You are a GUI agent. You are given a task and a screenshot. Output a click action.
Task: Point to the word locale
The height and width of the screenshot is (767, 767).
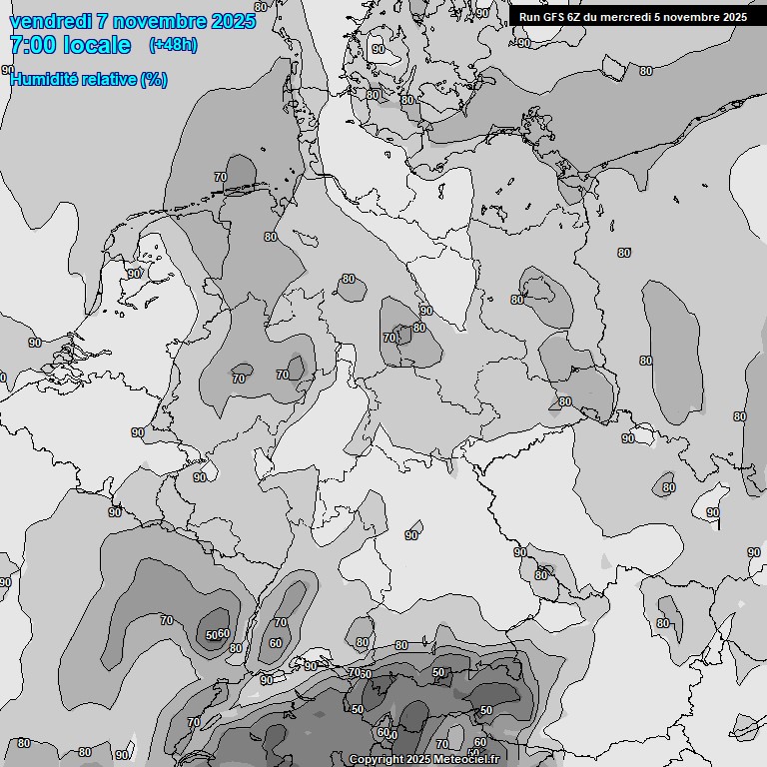tap(97, 45)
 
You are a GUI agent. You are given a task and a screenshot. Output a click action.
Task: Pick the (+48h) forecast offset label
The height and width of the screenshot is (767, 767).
tap(173, 45)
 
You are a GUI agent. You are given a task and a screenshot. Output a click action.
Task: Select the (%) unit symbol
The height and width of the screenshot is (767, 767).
tap(154, 80)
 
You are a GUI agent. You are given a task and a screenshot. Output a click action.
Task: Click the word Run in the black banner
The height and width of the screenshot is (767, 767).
tap(529, 17)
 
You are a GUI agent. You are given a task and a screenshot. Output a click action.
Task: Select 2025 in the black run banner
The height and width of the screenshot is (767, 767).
tap(734, 17)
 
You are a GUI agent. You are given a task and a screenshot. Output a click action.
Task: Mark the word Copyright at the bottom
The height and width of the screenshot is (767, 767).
tap(376, 760)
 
